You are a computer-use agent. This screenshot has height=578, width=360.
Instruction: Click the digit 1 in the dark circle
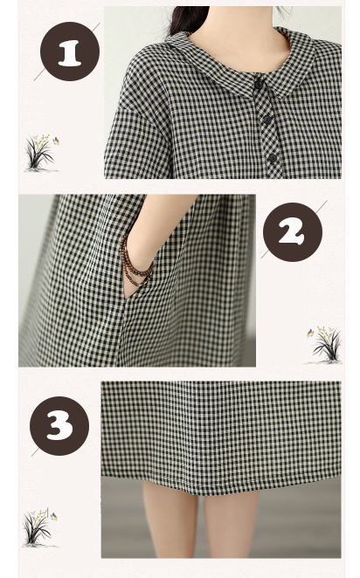pyautogui.click(x=70, y=53)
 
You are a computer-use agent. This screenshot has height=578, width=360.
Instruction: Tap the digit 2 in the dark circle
pyautogui.click(x=291, y=233)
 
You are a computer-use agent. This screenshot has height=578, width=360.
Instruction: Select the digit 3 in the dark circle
pyautogui.click(x=59, y=426)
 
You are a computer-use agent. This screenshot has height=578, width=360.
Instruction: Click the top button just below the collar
pyautogui.click(x=259, y=85)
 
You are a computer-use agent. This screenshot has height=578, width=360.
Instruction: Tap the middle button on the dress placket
pyautogui.click(x=267, y=119)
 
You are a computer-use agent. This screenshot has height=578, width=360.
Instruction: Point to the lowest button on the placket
pyautogui.click(x=273, y=159)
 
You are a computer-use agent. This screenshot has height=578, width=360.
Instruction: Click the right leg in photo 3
pyautogui.click(x=232, y=524)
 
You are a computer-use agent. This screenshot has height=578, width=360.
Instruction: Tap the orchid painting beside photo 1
pyautogui.click(x=40, y=153)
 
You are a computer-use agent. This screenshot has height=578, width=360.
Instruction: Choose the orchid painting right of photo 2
pyautogui.click(x=324, y=345)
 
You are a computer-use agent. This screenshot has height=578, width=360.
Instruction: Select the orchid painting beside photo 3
pyautogui.click(x=38, y=527)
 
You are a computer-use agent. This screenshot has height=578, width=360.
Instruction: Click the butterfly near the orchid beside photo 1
pyautogui.click(x=56, y=141)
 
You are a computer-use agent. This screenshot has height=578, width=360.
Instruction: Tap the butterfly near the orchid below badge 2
pyautogui.click(x=310, y=333)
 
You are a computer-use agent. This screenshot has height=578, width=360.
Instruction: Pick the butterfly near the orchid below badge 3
pyautogui.click(x=54, y=516)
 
